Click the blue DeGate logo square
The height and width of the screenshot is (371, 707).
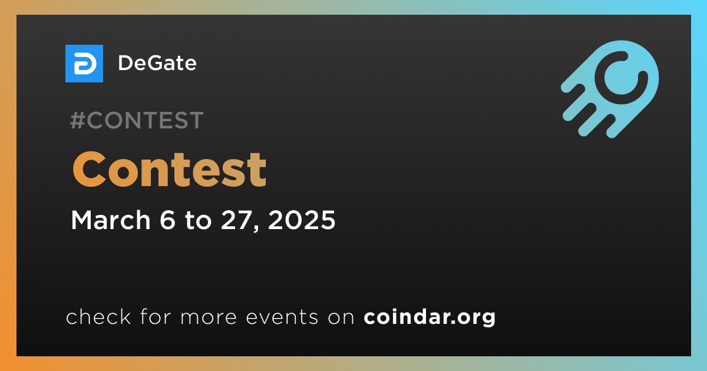tap(84, 64)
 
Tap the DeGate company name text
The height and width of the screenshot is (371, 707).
tap(157, 63)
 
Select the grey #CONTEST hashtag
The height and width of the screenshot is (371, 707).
tap(137, 120)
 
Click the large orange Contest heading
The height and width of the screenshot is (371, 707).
tap(170, 170)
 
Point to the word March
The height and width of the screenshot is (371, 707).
tap(111, 220)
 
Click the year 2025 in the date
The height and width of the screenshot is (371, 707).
tap(302, 220)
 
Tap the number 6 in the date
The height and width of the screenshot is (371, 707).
tap(167, 220)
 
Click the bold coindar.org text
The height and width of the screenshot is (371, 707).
tap(430, 317)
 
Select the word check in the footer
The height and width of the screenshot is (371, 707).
tap(98, 316)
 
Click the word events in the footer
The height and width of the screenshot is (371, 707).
tap(282, 317)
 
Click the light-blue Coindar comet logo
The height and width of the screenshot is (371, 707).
tap(610, 89)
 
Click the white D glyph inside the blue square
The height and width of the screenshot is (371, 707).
tap(85, 64)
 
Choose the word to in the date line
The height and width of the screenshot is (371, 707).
tap(198, 221)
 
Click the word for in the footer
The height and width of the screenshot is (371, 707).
tap(156, 316)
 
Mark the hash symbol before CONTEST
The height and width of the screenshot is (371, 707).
tap(77, 120)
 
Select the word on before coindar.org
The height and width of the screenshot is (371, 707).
tap(341, 318)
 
